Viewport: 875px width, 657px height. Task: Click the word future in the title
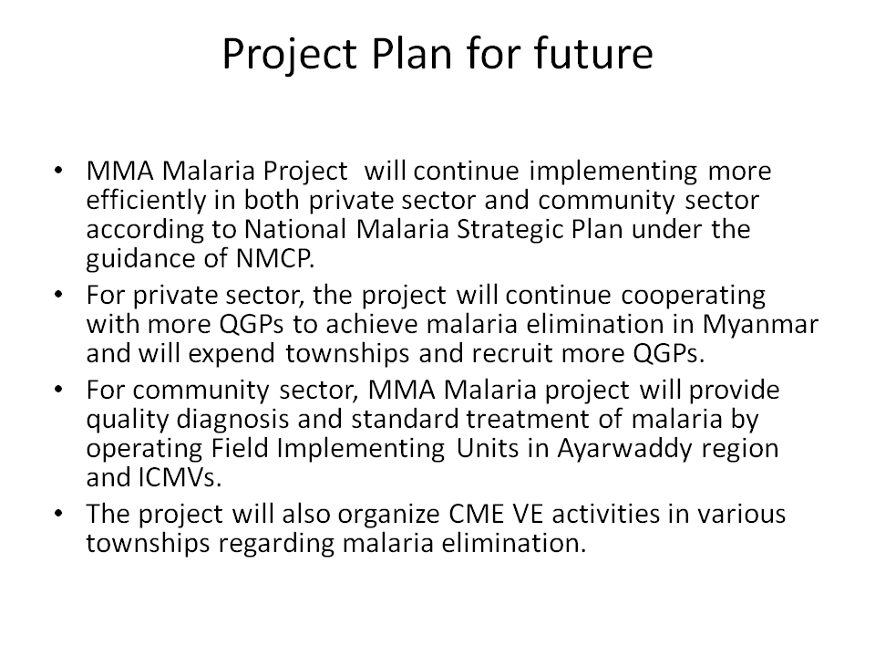pos(592,53)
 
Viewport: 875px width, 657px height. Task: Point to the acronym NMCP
pos(275,258)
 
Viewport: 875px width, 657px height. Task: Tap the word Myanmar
pos(760,325)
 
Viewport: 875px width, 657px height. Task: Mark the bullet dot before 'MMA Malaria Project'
pos(58,171)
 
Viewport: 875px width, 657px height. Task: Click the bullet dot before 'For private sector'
pos(58,295)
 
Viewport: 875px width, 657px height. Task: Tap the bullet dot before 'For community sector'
pos(58,390)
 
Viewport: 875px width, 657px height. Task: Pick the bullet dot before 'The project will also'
pos(58,514)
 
